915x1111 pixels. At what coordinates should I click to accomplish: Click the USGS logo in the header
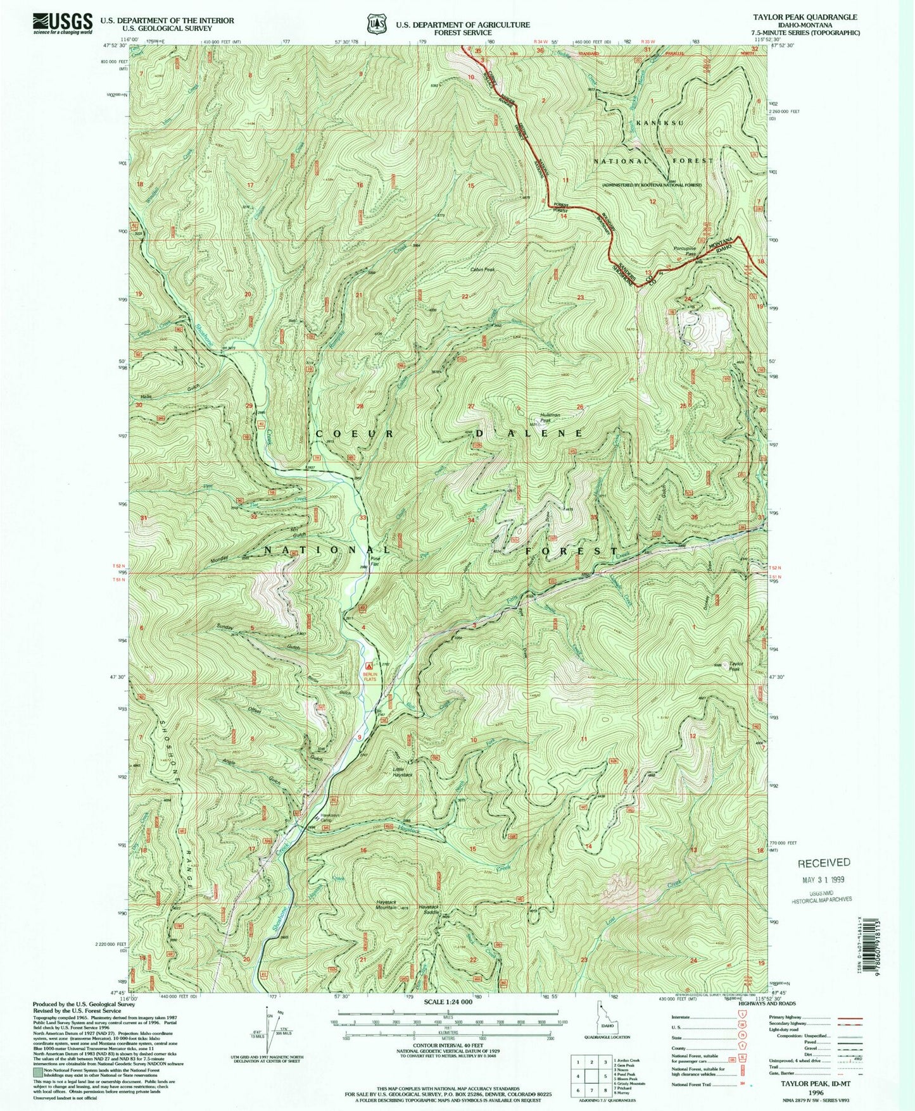coord(63,24)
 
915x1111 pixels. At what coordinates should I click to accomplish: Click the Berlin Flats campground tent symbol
coord(369,666)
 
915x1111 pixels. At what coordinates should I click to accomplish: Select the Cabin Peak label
coord(482,270)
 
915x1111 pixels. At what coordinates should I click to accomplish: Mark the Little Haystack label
coord(402,772)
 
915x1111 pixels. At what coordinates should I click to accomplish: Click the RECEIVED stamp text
coord(823,862)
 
